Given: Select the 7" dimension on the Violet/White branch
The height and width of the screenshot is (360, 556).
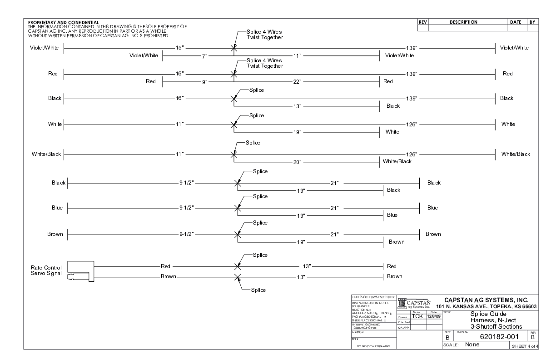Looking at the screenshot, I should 204,56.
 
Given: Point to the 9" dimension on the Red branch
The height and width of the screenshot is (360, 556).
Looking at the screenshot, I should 204,82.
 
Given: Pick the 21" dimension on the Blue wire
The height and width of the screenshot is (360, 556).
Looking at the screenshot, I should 334,208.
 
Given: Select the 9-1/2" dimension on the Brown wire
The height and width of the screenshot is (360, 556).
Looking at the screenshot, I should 186,234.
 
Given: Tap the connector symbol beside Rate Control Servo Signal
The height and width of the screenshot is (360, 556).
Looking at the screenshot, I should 80,271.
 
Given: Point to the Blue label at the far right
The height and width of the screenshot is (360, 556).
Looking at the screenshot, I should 432,208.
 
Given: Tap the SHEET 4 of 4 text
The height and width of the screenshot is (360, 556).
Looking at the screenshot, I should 524,346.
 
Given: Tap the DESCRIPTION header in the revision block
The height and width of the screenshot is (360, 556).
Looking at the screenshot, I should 463,22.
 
